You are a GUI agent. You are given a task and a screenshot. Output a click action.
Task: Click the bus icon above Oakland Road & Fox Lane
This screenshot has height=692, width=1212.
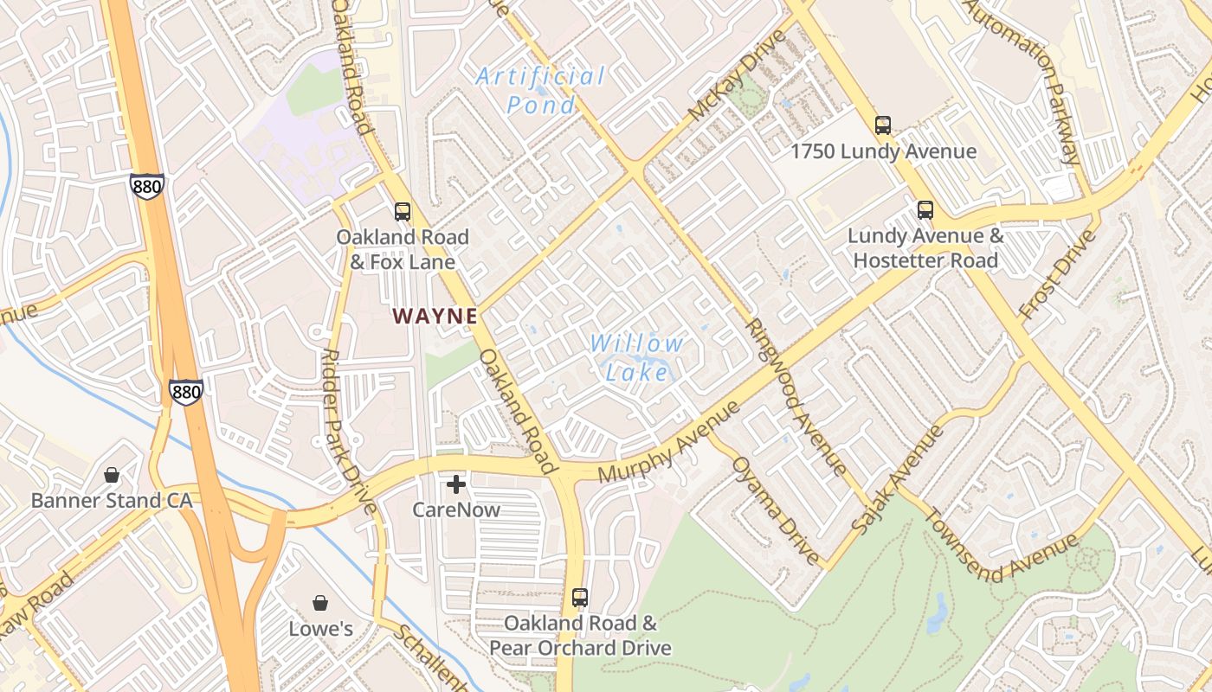pos(403,211)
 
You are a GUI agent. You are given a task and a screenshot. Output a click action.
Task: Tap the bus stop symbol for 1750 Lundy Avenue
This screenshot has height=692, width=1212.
pos(883,125)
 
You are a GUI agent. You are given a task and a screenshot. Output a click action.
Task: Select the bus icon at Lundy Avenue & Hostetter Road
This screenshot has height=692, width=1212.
pos(925,209)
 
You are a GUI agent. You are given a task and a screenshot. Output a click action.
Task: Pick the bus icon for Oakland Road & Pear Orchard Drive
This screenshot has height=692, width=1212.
pos(580,597)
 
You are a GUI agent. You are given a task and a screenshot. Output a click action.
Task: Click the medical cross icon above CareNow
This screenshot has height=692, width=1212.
pos(456,484)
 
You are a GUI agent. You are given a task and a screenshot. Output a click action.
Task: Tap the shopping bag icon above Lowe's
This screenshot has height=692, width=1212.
pos(320,603)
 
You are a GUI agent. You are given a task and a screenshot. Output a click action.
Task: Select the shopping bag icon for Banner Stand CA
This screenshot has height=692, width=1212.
pos(112,475)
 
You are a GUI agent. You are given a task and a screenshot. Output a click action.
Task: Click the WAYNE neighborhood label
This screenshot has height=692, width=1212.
pos(435,317)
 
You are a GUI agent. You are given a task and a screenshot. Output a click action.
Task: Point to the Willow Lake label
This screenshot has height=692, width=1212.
pos(637,357)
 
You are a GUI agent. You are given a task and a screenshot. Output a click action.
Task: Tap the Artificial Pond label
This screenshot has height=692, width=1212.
pos(540,90)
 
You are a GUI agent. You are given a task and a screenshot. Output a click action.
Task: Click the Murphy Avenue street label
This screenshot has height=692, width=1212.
pos(668,442)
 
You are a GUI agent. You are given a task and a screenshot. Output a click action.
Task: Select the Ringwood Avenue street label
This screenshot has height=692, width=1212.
pos(796,398)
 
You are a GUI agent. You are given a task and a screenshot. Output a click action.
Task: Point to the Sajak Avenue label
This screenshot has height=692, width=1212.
pos(896,478)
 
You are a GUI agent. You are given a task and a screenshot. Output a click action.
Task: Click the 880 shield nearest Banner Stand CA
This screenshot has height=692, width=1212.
pos(186,392)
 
